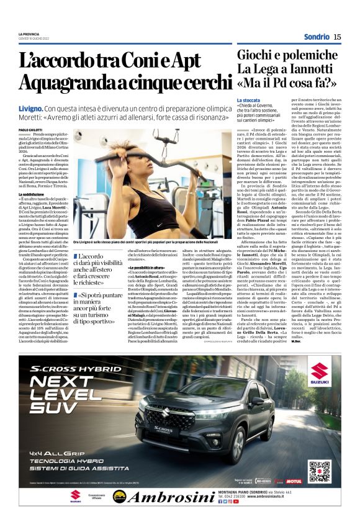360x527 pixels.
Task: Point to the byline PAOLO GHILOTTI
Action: pos(30,129)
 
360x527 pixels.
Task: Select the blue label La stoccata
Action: pos(249,100)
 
